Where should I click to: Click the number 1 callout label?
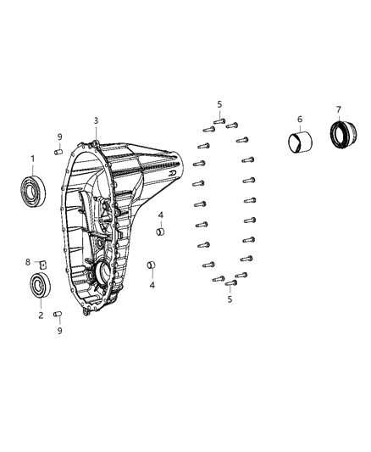[x=33, y=159]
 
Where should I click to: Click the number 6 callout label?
[x=299, y=119]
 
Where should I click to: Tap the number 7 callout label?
[x=339, y=109]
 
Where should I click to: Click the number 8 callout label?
[x=27, y=262]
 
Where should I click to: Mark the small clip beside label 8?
[x=42, y=264]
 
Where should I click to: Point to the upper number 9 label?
[x=60, y=137]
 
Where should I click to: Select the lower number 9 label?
[x=60, y=331]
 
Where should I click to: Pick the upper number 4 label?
[x=160, y=215]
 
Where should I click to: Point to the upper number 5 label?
[x=219, y=104]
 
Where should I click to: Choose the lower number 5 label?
[x=230, y=299]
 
